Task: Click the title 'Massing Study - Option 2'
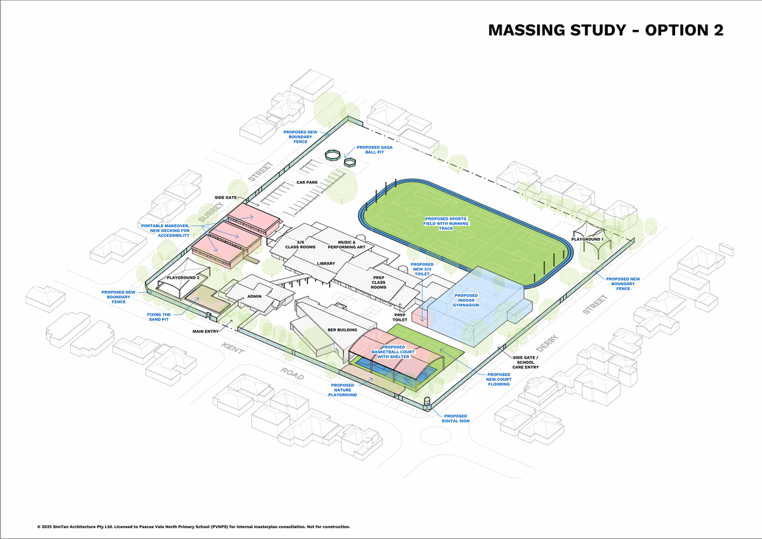tap(606, 30)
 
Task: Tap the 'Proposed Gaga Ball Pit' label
tap(375, 150)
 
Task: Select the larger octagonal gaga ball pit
tap(332, 155)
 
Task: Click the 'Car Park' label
tap(307, 182)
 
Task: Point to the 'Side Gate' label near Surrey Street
tap(225, 197)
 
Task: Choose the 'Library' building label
tap(326, 263)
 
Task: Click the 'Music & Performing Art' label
tap(347, 244)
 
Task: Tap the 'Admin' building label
tap(255, 296)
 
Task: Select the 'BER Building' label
tap(342, 329)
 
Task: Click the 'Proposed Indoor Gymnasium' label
tap(466, 300)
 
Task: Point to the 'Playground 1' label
tap(587, 239)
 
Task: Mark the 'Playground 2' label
tap(183, 277)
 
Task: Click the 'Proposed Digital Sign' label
tap(455, 418)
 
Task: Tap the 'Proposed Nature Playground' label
tap(342, 390)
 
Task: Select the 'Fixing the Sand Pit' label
tap(159, 317)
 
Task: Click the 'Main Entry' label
tap(206, 331)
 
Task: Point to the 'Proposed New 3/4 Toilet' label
tap(422, 269)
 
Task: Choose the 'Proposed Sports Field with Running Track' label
tap(446, 223)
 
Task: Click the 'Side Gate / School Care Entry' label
tap(526, 362)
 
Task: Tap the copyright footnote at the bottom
tap(194, 527)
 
